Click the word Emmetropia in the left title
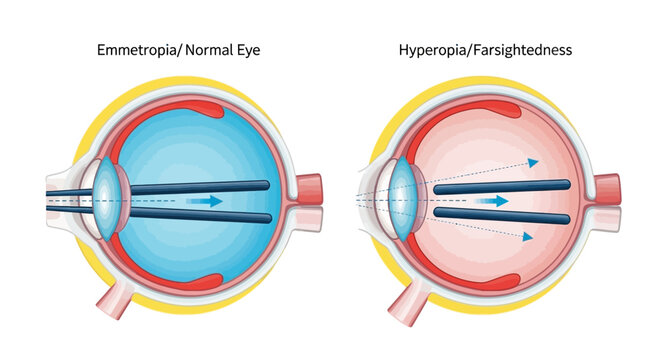[x=133, y=47]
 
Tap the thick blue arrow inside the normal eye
[x=205, y=201]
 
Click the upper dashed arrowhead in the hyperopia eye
[x=534, y=161]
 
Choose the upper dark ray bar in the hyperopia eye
[x=500, y=186]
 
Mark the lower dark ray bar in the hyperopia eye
[x=500, y=214]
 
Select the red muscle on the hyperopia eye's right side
[x=606, y=189]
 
